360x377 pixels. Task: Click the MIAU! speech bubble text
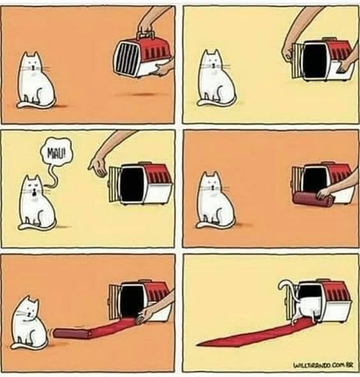coord(56,153)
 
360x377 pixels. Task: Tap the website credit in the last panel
coord(323,365)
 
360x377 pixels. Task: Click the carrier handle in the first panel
coord(146,34)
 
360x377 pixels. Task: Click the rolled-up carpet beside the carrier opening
coord(313,198)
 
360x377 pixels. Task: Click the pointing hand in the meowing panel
coord(98,165)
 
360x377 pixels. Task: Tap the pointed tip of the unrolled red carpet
coord(197,344)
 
